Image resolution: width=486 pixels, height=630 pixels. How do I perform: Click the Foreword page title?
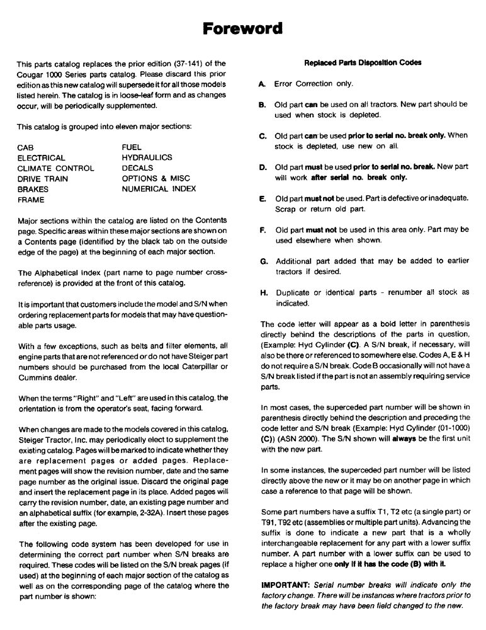click(x=242, y=28)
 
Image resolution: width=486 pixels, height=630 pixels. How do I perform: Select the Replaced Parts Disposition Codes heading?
click(x=363, y=63)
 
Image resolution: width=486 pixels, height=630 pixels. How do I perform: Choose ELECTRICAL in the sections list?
click(x=41, y=158)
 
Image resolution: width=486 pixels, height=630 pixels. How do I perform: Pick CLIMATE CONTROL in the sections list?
click(x=55, y=168)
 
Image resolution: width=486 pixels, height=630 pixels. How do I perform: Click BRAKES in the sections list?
click(x=33, y=188)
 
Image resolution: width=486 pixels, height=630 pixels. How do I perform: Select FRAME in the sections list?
click(x=31, y=199)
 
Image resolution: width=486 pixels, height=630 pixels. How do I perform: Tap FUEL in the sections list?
click(x=133, y=147)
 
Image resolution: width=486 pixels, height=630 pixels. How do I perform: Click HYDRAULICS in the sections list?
click(x=147, y=158)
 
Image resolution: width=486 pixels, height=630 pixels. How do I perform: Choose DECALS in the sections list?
click(x=137, y=168)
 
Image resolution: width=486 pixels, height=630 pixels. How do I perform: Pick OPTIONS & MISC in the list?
click(x=155, y=178)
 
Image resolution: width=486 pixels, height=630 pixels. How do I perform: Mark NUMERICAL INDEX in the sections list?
click(x=159, y=188)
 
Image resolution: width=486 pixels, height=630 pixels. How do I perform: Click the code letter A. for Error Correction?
click(x=262, y=84)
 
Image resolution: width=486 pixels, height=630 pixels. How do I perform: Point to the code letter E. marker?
click(x=262, y=198)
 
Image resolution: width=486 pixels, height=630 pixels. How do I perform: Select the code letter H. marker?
click(x=262, y=293)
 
